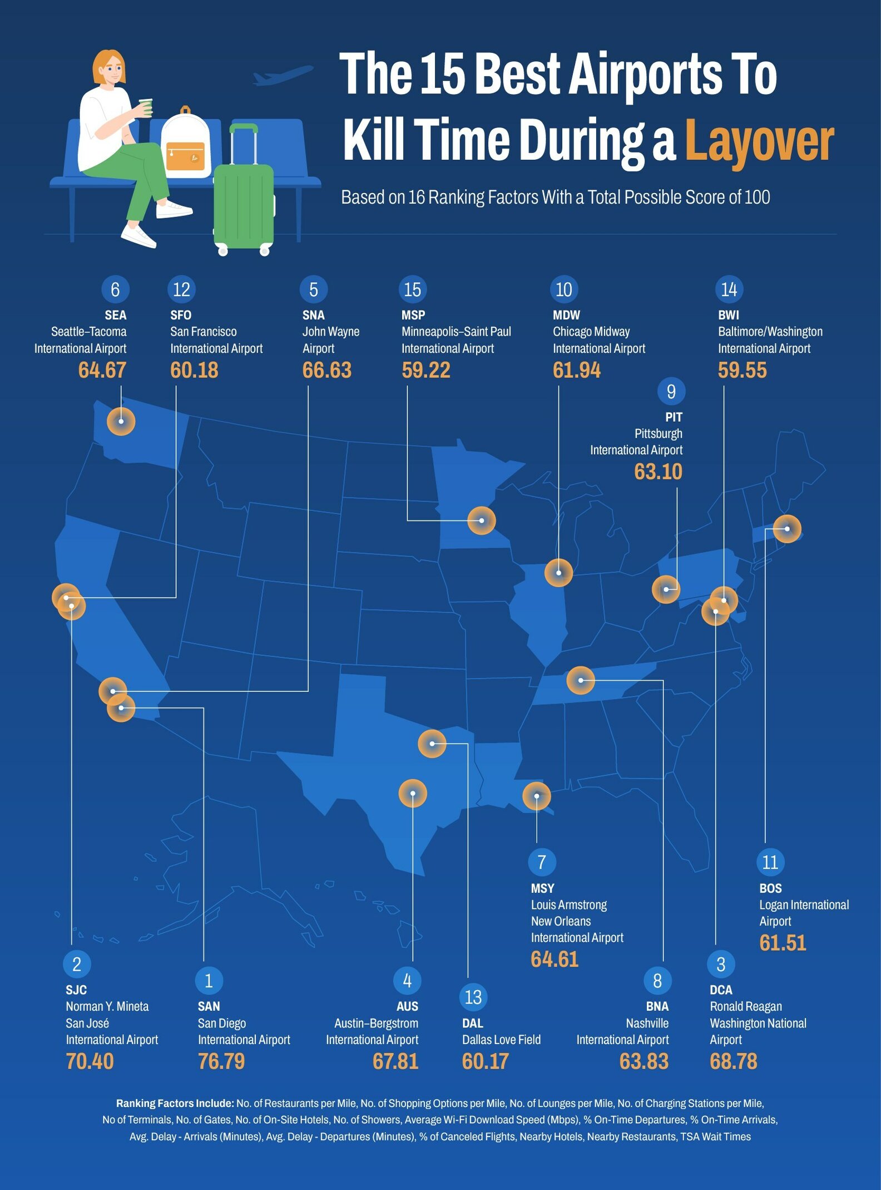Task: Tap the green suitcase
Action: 244,203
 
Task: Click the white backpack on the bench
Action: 186,145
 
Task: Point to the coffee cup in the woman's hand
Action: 146,107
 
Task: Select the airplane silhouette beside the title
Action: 283,76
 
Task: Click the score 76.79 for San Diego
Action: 221,1061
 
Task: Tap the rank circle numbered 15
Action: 412,289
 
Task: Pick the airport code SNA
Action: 313,315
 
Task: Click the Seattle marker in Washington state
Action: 121,421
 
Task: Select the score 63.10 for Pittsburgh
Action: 658,472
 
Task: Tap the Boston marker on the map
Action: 787,529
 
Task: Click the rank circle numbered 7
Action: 542,862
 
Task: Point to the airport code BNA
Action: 657,1006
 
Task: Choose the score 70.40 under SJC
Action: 90,1061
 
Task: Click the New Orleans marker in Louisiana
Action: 536,796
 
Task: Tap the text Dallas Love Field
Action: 501,1040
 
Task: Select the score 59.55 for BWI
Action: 742,370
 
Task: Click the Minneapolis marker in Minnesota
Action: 482,521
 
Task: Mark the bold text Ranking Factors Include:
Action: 175,1103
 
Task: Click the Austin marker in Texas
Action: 413,793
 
